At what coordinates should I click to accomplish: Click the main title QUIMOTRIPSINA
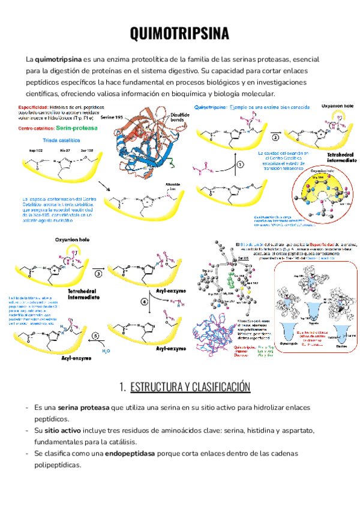click(180, 34)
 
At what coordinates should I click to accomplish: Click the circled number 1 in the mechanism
click(240, 163)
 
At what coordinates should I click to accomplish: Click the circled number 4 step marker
click(144, 303)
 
